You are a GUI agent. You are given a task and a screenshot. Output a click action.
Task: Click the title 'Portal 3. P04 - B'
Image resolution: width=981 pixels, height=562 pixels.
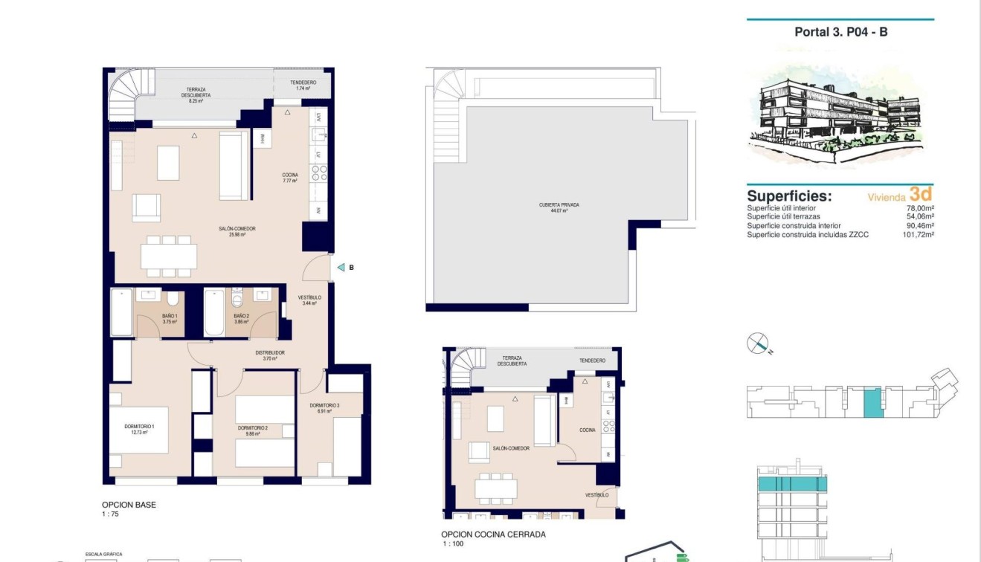(x=840, y=32)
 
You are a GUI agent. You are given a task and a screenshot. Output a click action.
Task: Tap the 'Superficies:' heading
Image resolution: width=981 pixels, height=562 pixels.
(x=789, y=196)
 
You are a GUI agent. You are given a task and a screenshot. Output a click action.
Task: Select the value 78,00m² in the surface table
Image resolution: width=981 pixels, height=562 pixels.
(x=920, y=209)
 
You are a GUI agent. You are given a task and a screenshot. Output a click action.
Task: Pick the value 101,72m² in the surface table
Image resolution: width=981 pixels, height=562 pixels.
(x=918, y=235)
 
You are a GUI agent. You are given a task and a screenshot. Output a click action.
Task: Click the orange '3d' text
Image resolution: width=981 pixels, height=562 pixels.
(x=921, y=194)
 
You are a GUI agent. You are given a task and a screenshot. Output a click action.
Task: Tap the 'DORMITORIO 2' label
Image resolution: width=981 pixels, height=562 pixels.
(x=253, y=428)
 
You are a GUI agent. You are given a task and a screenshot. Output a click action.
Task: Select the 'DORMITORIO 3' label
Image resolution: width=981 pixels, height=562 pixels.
(x=324, y=405)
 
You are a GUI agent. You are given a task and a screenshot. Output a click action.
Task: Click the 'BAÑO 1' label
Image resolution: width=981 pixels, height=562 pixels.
(x=170, y=316)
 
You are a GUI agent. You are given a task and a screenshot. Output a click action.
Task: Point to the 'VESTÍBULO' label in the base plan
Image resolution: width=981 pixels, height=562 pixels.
(x=309, y=297)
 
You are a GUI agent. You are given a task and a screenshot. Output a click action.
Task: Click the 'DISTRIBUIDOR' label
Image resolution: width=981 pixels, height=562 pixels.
(x=269, y=353)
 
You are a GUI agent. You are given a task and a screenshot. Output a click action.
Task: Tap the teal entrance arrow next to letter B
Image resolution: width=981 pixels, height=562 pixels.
(x=340, y=268)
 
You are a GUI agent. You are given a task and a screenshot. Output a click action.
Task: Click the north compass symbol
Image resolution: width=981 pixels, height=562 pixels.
(x=757, y=343)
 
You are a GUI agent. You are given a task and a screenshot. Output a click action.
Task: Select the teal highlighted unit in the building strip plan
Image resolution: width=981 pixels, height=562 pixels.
(x=872, y=402)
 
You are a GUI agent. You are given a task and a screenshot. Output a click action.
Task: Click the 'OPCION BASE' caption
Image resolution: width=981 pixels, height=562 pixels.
(x=129, y=505)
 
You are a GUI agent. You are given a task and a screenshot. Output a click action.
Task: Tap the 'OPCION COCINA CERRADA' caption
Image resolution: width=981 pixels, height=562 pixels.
(x=493, y=534)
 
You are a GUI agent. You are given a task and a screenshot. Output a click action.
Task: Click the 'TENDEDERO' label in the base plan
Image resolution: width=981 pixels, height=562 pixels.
(x=303, y=83)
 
